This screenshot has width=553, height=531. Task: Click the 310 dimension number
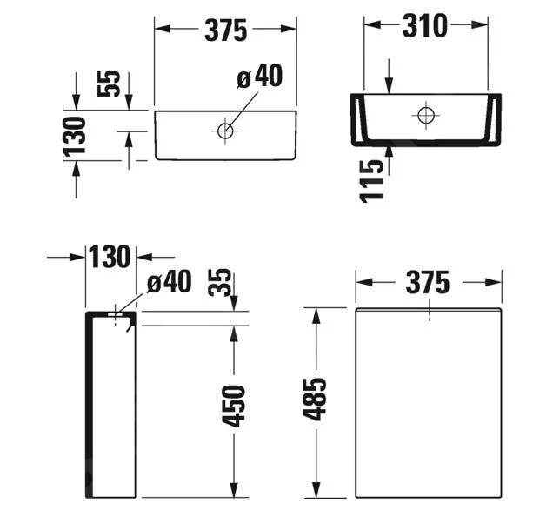(424, 27)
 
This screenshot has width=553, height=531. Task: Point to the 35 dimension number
(223, 284)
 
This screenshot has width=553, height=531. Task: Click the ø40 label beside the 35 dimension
(169, 283)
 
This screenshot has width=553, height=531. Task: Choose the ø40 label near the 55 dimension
(260, 77)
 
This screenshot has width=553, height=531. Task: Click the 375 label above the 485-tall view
(427, 283)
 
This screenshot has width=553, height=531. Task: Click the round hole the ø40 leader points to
(225, 131)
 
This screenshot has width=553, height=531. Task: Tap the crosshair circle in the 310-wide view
(425, 114)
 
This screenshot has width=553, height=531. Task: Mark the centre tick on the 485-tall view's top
(430, 314)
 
